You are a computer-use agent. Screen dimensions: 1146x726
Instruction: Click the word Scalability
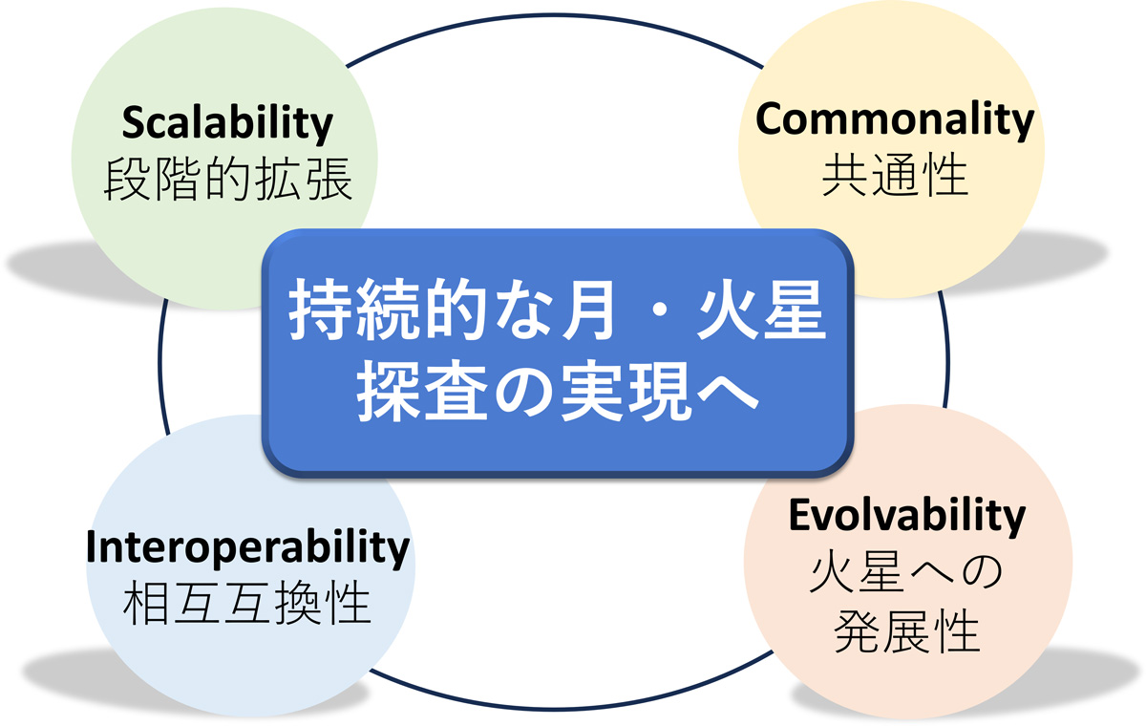(227, 124)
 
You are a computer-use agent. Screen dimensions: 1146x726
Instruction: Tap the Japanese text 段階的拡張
(227, 179)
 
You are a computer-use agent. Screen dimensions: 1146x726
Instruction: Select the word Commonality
(895, 119)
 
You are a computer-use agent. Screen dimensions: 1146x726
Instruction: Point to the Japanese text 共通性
(895, 176)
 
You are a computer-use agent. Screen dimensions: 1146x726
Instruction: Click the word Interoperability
(247, 548)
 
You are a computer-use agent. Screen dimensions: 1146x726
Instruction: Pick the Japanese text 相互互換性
(247, 603)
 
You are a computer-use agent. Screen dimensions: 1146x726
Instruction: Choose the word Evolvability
(907, 516)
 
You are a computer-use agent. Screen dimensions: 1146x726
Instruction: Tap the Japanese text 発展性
(906, 630)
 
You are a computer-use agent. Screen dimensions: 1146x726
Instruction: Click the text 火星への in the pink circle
(906, 572)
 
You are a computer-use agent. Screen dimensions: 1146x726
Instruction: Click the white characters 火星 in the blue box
(761, 310)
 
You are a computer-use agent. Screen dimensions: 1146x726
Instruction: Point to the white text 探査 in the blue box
(422, 391)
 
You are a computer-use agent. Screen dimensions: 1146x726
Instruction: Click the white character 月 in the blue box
(588, 310)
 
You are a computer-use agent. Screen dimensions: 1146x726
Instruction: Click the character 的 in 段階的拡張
(227, 179)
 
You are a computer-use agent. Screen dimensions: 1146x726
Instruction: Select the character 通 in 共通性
(895, 176)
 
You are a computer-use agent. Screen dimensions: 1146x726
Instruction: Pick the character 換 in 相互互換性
(297, 603)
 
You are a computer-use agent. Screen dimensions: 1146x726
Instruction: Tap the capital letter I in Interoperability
(91, 546)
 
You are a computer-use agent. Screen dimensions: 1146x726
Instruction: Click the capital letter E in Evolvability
(799, 514)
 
